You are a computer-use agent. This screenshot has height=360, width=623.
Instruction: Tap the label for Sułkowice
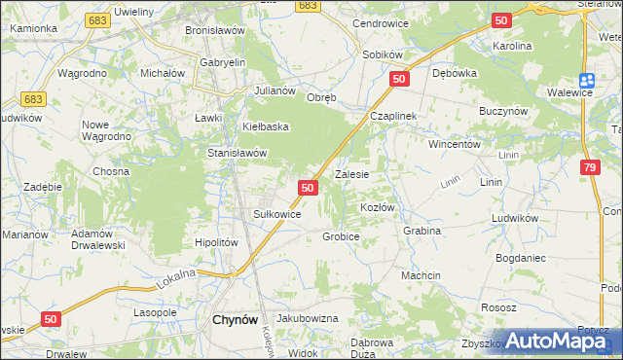[x=276, y=214]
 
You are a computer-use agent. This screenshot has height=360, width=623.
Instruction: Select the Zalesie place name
[x=351, y=175]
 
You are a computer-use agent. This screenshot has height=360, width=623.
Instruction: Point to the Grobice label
[x=341, y=236]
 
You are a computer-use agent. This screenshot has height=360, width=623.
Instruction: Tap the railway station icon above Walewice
[x=586, y=81]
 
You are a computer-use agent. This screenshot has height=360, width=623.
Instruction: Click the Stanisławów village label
[x=238, y=153]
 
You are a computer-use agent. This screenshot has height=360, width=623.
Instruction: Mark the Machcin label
[x=421, y=275]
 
